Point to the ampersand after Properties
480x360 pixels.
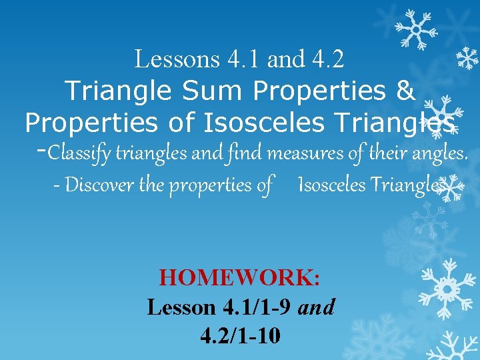(x=405, y=90)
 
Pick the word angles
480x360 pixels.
(x=438, y=154)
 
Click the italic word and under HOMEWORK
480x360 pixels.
(x=317, y=307)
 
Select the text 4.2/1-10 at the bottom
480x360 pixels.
(x=240, y=335)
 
